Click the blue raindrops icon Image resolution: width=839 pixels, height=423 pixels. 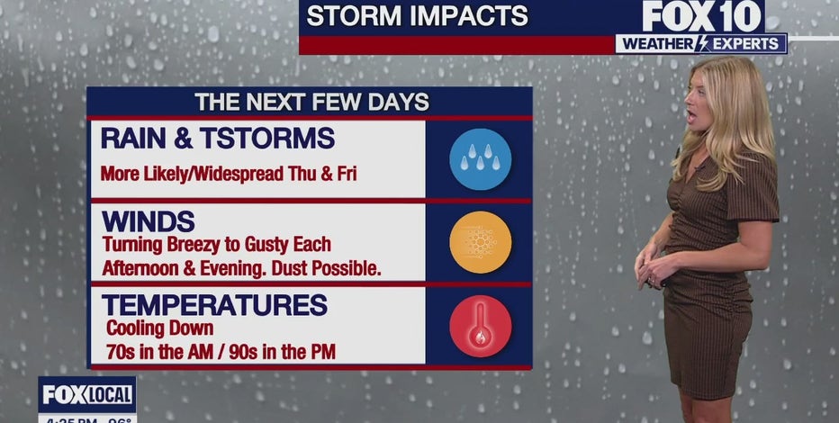(480, 158)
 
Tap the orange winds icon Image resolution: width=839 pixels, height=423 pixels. (480, 241)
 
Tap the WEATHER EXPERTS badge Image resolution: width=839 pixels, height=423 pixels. (701, 43)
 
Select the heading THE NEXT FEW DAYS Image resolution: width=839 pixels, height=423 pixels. (311, 102)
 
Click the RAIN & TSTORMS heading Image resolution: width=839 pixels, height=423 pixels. (218, 139)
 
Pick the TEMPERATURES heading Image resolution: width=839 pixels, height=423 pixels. (214, 305)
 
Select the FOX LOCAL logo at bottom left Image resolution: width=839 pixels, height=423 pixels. (87, 394)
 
